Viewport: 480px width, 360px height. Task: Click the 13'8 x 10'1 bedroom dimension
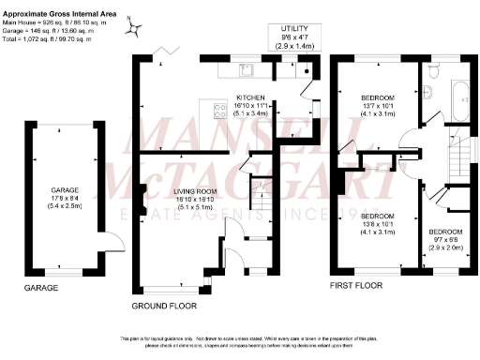point(379,223)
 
